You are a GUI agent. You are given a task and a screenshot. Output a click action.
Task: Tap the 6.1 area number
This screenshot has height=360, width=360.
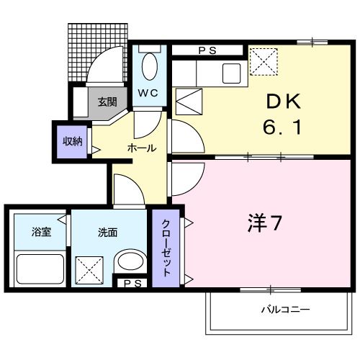click(x=283, y=130)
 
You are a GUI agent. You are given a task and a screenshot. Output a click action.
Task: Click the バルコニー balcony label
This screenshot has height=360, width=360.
click(x=286, y=310)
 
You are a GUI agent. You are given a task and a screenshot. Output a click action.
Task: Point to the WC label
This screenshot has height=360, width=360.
click(x=148, y=93)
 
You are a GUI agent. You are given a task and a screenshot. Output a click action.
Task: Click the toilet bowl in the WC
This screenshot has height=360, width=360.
click(x=150, y=68)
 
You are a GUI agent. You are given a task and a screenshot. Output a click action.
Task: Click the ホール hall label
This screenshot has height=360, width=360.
click(x=140, y=148)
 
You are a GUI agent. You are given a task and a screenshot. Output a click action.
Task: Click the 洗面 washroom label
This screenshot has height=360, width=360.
click(x=107, y=233)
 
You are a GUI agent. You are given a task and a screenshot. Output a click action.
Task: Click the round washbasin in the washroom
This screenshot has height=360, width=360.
click(x=131, y=261)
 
